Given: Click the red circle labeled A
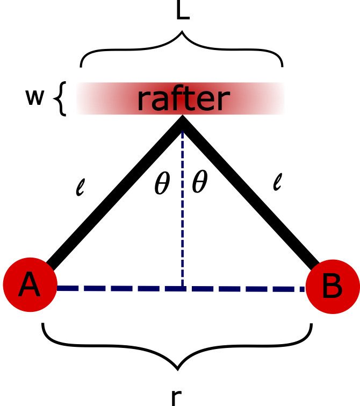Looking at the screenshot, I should (30, 284).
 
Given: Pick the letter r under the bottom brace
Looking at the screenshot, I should (175, 396).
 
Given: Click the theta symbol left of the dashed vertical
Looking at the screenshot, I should (162, 184).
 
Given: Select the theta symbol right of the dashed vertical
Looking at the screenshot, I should (199, 184).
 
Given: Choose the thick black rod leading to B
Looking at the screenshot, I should (250, 194).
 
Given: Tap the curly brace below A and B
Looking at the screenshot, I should (177, 350).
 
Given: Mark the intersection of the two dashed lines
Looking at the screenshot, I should (183, 289).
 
